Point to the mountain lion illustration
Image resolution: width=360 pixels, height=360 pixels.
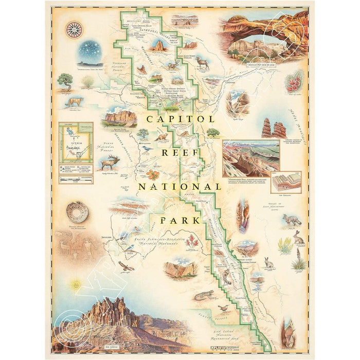click(74, 101)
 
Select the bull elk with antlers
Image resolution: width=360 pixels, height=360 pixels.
click(111, 161)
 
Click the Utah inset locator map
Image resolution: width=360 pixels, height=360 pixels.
click(76, 146)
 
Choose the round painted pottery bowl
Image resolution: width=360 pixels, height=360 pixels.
click(77, 211)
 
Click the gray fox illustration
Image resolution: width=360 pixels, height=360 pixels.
click(292, 221)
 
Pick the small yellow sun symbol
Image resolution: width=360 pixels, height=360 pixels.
click(77, 283)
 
